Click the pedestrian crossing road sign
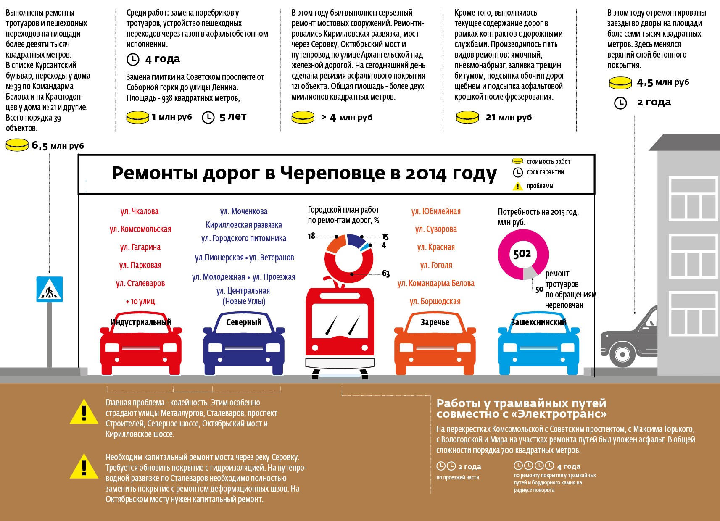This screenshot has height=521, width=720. tap(50, 289)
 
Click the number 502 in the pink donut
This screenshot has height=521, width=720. tap(522, 254)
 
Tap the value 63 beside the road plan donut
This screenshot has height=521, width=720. tap(386, 274)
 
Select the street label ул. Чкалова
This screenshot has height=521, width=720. tap(140, 211)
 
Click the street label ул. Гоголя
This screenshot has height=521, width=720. tap(436, 265)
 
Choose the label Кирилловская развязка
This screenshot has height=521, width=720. tap(244, 225)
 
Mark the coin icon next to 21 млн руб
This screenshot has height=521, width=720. tap(467, 117)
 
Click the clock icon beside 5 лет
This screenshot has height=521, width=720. tap(208, 117)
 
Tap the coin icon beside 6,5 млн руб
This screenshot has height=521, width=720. tap(17, 145)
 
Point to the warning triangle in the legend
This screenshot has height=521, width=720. tap(518, 186)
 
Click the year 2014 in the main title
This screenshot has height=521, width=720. tap(425, 173)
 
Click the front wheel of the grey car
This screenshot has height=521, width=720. tap(622, 353)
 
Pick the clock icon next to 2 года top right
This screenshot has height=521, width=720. tap(621, 103)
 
